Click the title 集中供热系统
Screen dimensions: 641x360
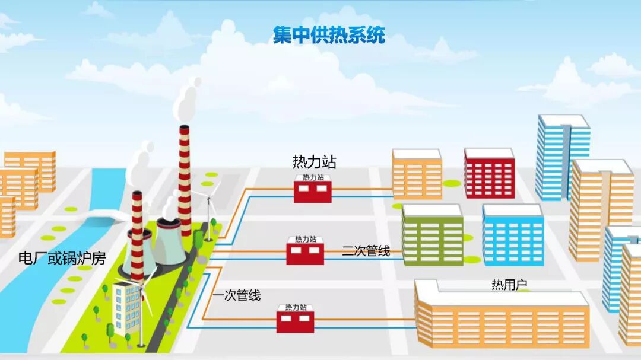(329, 34)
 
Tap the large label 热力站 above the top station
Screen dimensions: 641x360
(314, 161)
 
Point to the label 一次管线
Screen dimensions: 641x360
(237, 295)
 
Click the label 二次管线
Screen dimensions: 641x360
(366, 251)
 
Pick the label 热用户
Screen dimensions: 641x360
(509, 285)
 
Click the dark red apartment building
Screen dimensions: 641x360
(489, 173)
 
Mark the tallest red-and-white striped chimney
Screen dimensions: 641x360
(185, 178)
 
